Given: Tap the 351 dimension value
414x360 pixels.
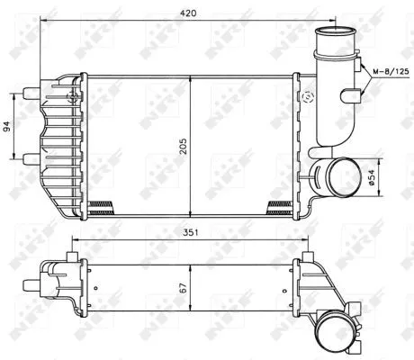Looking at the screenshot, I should point(186,231).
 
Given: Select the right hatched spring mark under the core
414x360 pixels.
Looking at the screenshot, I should point(280,205).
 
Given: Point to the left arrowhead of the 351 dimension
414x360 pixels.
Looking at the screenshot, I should point(74,240).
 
